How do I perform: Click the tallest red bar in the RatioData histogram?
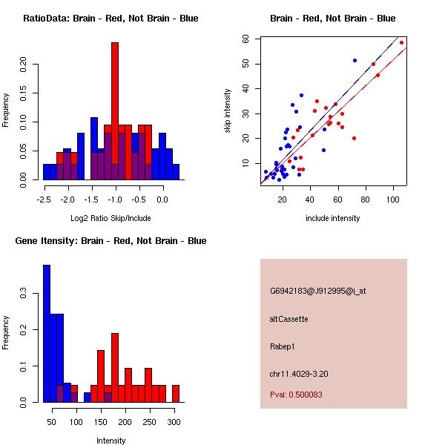[115, 111]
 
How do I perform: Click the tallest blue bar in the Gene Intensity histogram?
[47, 334]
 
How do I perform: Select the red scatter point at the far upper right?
[401, 42]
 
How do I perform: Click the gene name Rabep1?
[283, 346]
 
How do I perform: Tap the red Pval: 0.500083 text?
[306, 395]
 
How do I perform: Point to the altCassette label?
[289, 319]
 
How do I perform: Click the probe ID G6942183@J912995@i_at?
[318, 291]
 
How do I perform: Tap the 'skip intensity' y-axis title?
[228, 111]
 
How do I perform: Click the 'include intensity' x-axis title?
[333, 218]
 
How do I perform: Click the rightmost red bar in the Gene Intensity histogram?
[176, 394]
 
